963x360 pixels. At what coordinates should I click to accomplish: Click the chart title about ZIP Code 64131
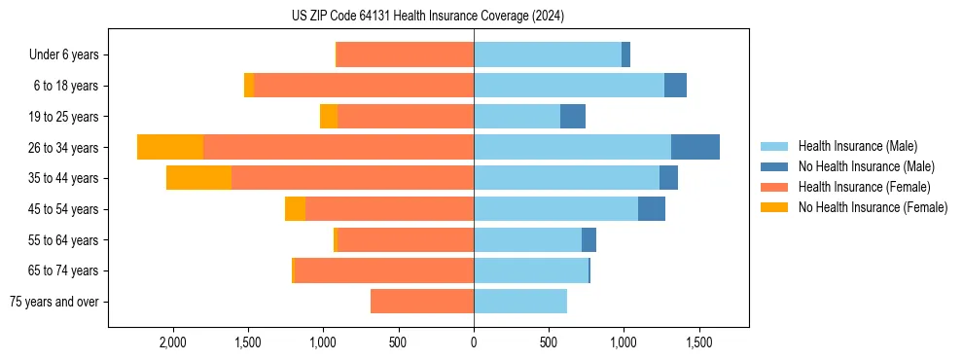[427, 16]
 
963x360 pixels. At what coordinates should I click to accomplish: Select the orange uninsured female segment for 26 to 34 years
[170, 147]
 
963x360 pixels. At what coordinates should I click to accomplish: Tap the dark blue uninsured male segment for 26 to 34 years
[695, 147]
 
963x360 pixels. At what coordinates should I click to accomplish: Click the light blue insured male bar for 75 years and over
[520, 302]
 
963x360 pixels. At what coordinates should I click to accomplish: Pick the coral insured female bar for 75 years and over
[422, 302]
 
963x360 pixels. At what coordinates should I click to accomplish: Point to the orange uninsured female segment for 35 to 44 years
[198, 178]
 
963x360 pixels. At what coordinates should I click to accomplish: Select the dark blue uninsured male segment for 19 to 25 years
[573, 117]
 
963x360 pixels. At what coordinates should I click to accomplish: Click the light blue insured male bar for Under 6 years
[548, 54]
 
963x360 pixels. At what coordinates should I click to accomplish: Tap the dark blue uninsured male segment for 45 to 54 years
[652, 209]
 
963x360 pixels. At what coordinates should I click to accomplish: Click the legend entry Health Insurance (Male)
[857, 146]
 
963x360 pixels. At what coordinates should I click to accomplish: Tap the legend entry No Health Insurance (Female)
[873, 207]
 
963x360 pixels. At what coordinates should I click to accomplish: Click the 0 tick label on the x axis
[474, 342]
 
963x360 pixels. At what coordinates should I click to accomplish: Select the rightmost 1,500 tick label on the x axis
[699, 342]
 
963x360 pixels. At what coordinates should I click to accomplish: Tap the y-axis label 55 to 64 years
[64, 240]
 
